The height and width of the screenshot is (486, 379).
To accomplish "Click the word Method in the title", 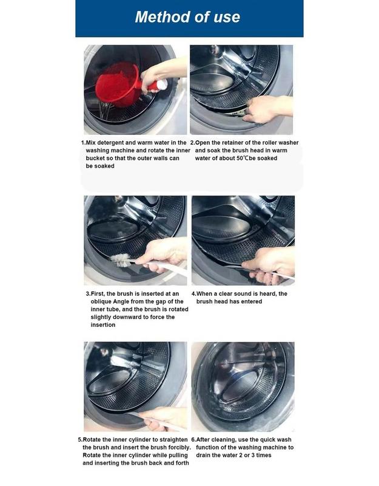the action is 163,17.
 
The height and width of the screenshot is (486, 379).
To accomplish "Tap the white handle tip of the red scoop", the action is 162,84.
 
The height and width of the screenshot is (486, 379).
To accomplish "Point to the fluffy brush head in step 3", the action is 121,260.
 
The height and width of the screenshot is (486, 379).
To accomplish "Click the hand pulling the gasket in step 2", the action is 266,108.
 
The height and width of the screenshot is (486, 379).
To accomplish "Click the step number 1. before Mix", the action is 83,143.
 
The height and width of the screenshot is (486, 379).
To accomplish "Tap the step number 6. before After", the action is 193,440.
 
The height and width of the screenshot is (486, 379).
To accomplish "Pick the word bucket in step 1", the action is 95,159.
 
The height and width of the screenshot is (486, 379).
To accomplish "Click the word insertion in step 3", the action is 103,325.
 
